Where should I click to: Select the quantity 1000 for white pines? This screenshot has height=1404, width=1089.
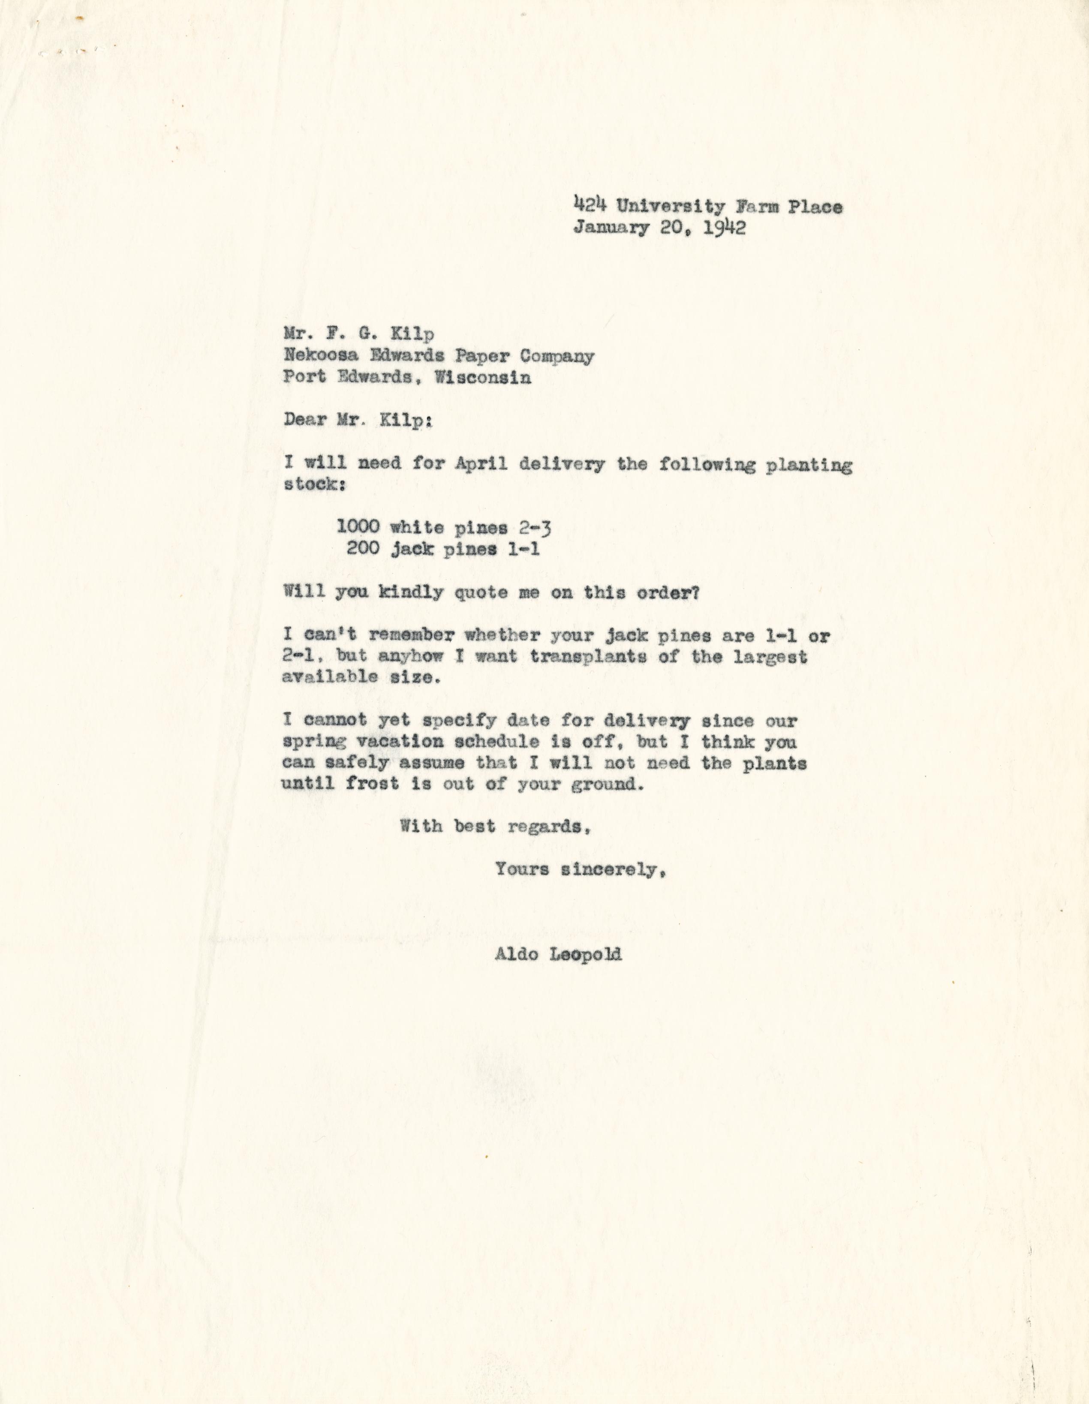coord(358,528)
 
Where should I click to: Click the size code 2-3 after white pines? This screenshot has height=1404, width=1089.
coord(534,528)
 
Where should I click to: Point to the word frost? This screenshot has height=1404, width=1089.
coord(373,784)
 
